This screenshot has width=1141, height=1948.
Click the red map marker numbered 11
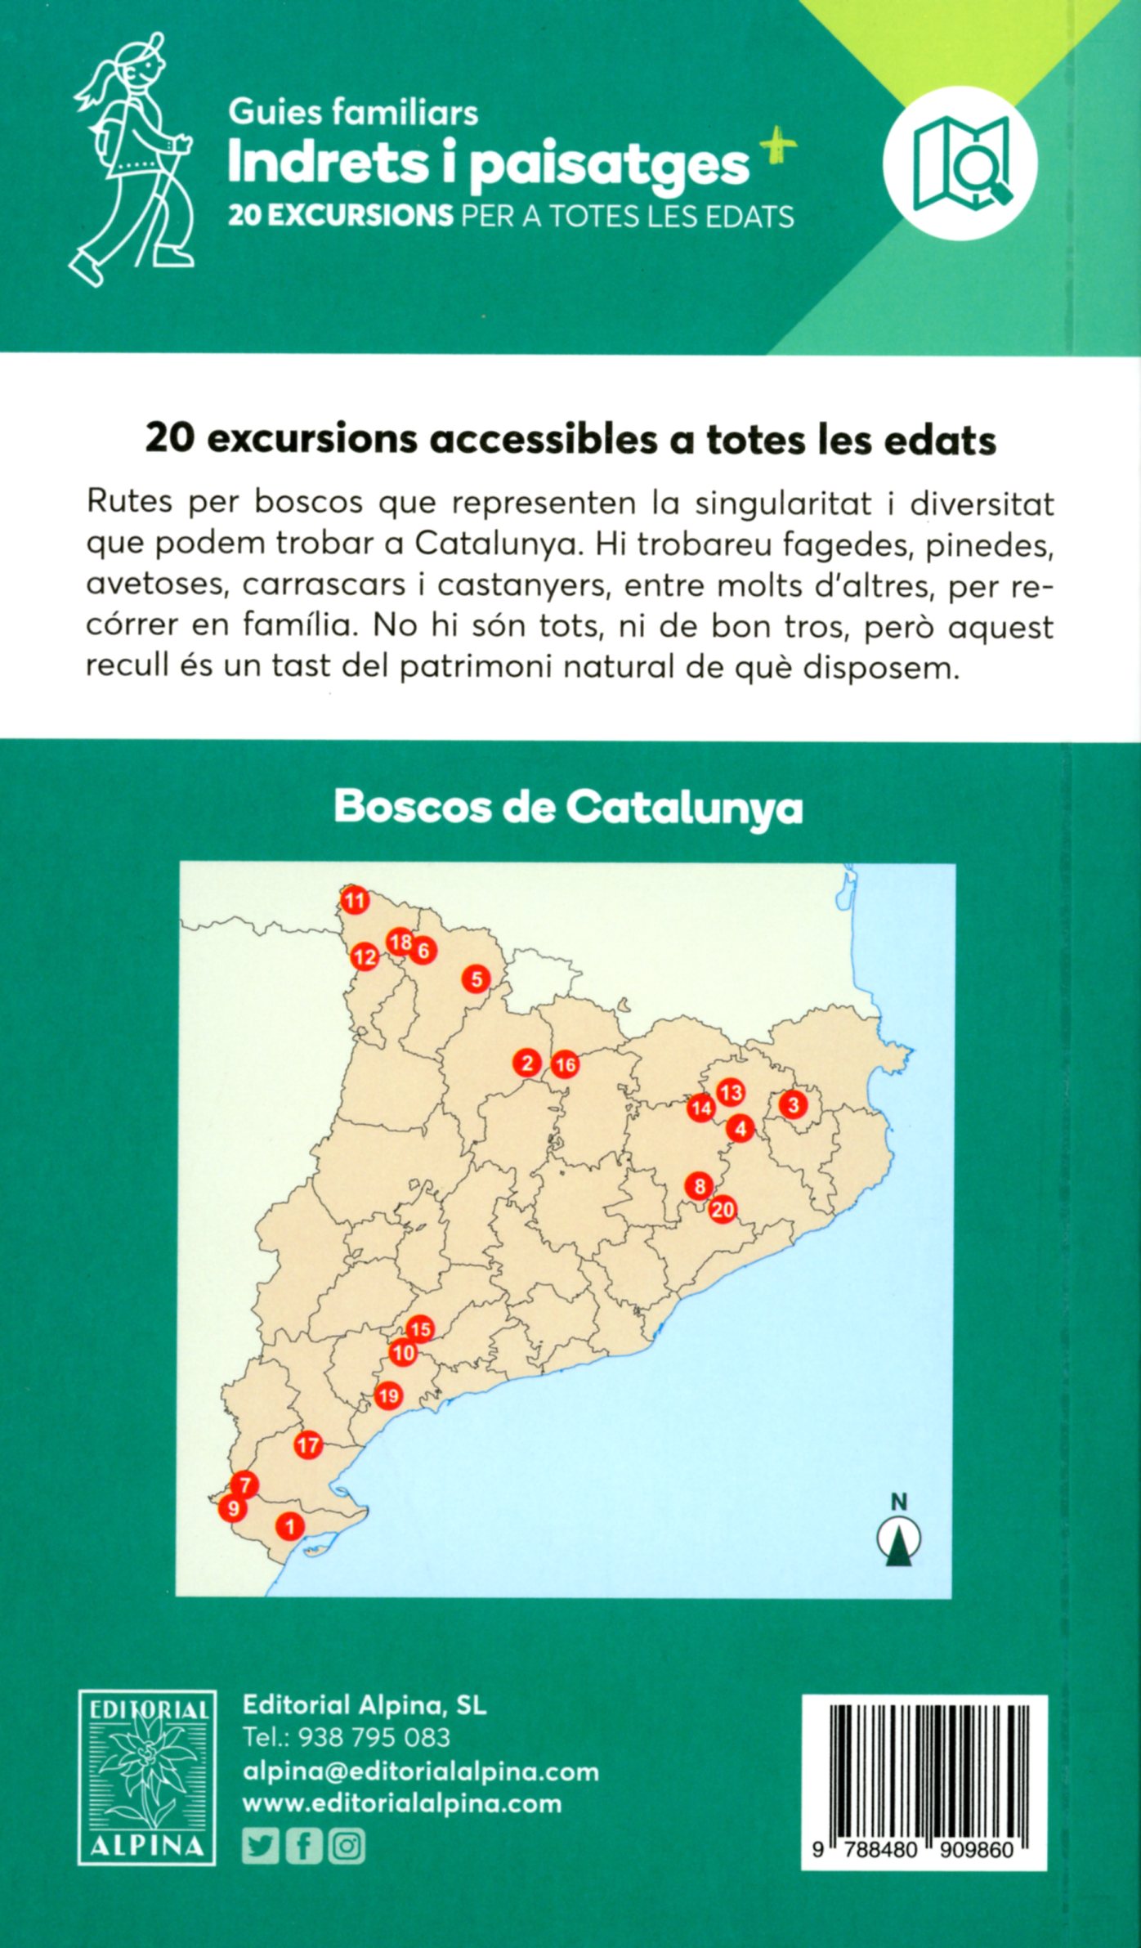pos(355,901)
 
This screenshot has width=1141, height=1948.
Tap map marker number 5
pos(476,978)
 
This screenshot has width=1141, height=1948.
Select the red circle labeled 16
pos(565,1065)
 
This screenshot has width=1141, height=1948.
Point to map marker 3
pos(792,1105)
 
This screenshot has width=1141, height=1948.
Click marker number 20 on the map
pos(723,1209)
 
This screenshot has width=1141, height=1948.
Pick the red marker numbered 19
pos(388,1395)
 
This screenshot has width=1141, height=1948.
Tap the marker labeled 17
pos(308,1445)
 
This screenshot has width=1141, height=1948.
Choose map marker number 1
pos(289,1525)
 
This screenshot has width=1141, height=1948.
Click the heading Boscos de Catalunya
pos(568,808)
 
